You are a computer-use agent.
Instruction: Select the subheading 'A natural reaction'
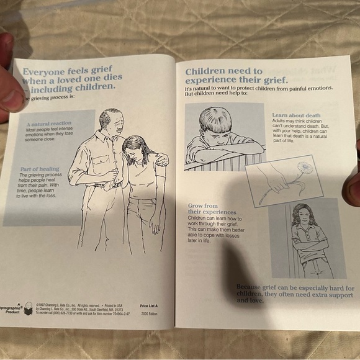click(x=48, y=124)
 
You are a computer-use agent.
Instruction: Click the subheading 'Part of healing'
click(x=40, y=169)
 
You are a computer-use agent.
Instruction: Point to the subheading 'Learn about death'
click(x=296, y=115)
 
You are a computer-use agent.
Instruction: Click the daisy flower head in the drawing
click(x=305, y=167)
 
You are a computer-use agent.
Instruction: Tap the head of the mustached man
click(x=111, y=121)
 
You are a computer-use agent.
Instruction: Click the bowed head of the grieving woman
click(x=134, y=149)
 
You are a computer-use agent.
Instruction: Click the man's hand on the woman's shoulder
click(x=161, y=160)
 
